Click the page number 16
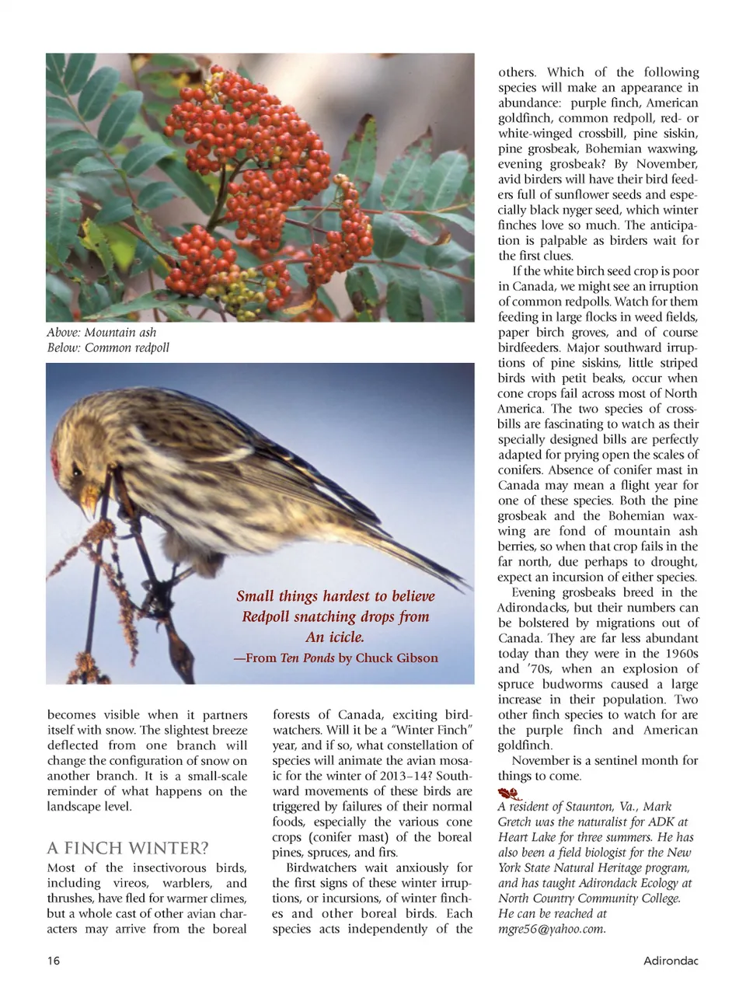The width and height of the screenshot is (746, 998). click(53, 961)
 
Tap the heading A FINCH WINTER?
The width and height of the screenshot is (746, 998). click(127, 848)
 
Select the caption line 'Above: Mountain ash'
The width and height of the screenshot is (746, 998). click(102, 333)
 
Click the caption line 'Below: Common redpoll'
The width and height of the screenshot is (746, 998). click(108, 347)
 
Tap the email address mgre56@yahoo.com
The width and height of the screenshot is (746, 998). click(552, 929)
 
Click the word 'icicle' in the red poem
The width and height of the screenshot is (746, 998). click(344, 637)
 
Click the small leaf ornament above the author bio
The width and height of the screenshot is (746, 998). click(509, 794)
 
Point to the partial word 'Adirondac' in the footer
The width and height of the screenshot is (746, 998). click(671, 961)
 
